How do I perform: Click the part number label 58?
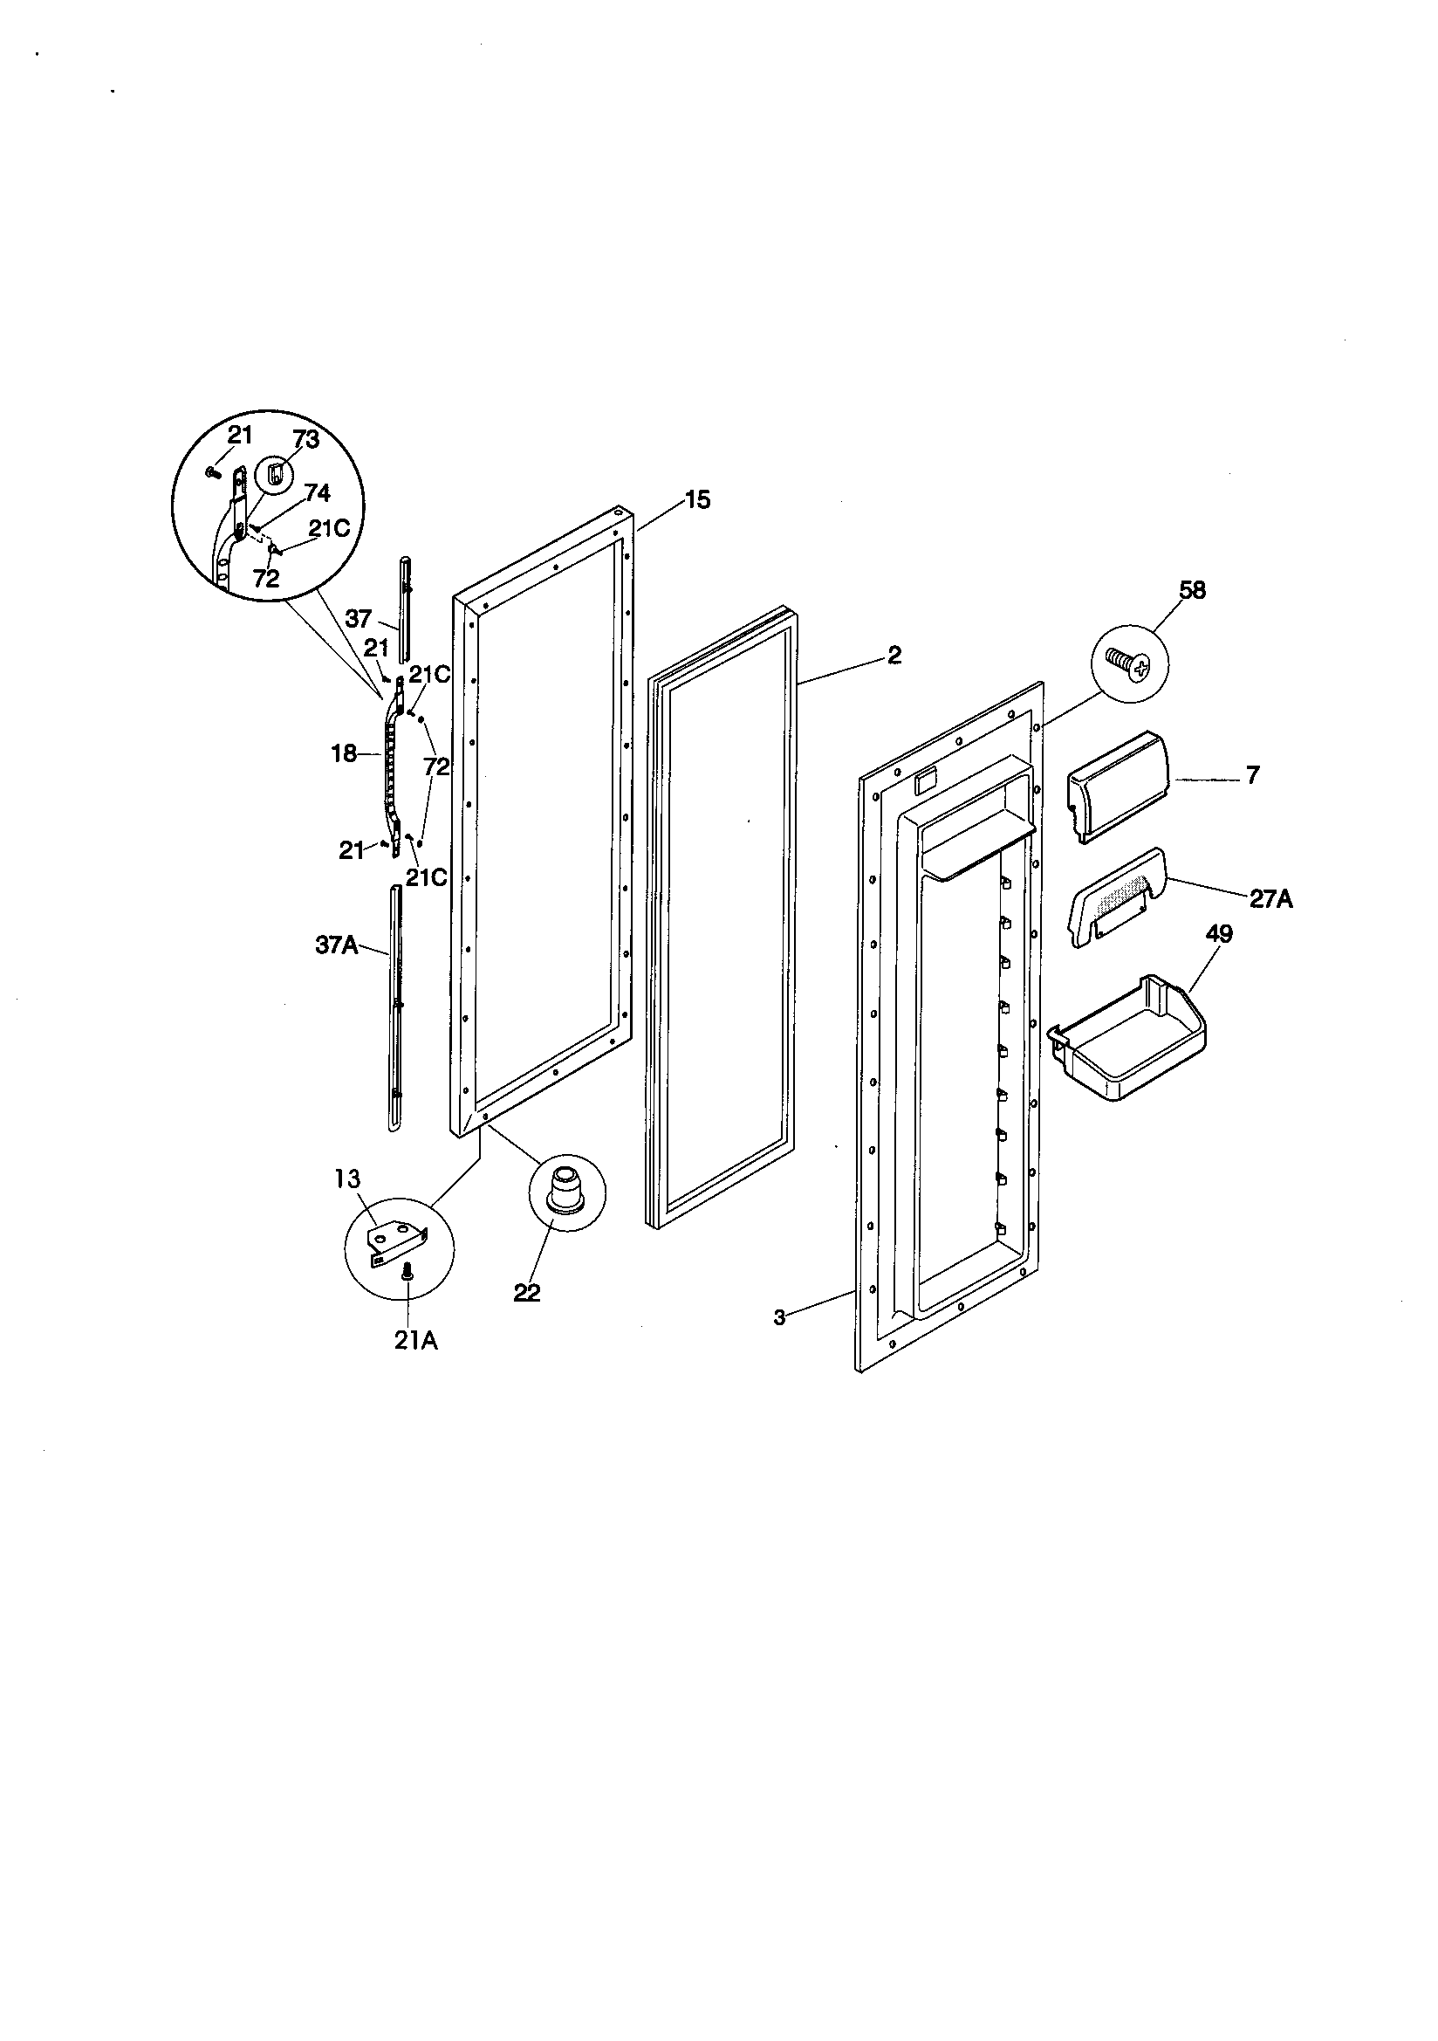[x=1192, y=590]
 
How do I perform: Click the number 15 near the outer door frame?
[x=698, y=500]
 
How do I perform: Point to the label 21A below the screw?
[x=416, y=1341]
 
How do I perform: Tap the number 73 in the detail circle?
[x=305, y=439]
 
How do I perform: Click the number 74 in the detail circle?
[x=317, y=494]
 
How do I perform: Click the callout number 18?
[x=343, y=754]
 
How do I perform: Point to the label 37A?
[x=337, y=945]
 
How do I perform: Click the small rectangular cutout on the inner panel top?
[x=924, y=780]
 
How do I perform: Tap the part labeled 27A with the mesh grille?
[x=1114, y=900]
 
